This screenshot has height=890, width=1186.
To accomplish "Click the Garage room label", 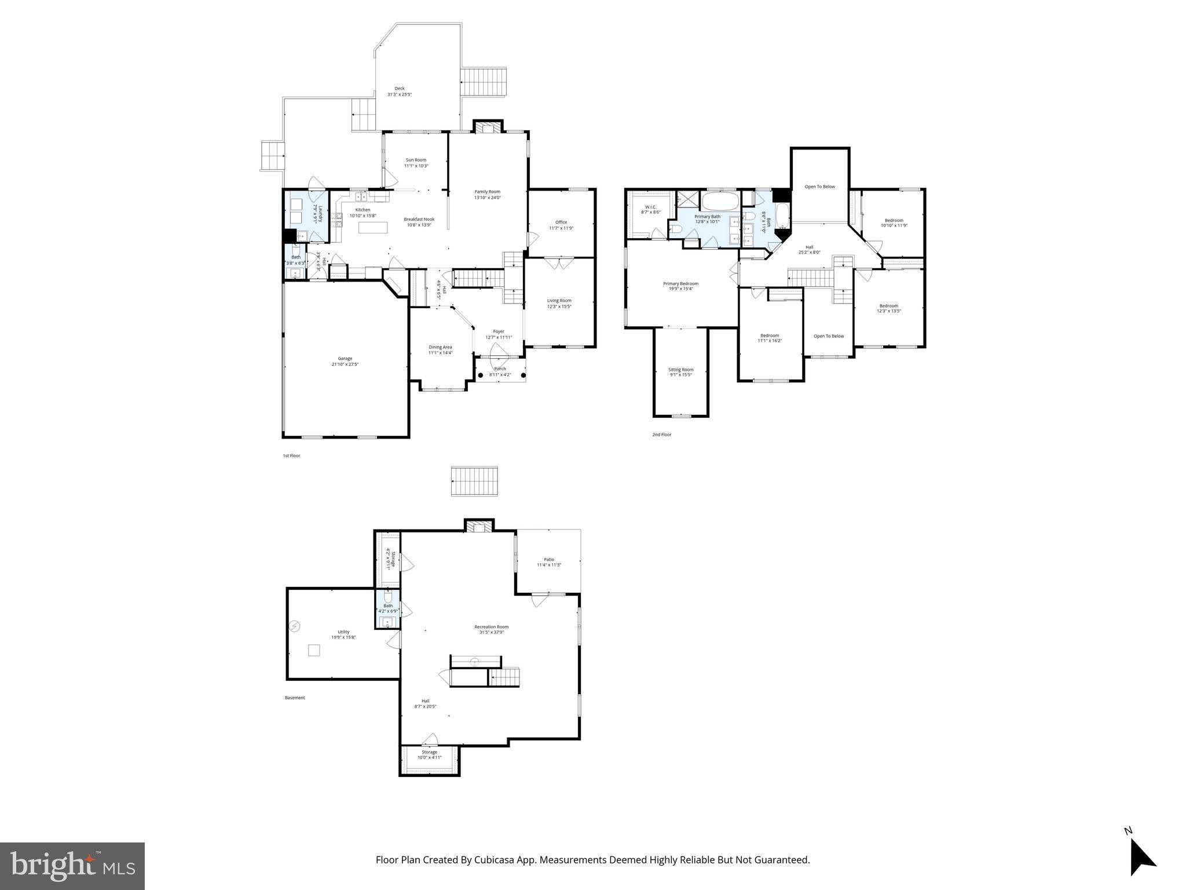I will (345, 358).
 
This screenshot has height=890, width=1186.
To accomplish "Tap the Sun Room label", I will (416, 160).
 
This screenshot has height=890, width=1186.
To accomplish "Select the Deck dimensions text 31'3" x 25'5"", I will (400, 94).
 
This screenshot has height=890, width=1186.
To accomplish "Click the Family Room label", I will (487, 192).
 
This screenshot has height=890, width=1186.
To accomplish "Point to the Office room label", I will (561, 222).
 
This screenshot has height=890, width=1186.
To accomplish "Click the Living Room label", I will (559, 300).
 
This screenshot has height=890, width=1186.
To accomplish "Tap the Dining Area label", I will (440, 347).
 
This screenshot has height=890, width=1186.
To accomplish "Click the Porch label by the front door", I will (500, 369).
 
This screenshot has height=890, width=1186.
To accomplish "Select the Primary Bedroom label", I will (680, 283).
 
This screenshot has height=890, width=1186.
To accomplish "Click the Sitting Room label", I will (680, 369).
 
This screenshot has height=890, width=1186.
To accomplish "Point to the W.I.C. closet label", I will (650, 207).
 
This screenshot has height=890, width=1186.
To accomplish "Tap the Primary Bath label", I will (707, 216).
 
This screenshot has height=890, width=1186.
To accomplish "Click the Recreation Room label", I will (491, 626).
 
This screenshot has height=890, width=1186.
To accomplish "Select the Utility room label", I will (343, 632).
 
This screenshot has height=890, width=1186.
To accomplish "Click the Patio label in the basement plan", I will (548, 559).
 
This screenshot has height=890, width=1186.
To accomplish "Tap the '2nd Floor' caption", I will (661, 434).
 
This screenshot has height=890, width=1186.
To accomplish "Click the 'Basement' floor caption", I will (295, 698).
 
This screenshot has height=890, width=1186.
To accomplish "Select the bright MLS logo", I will (72, 866).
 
